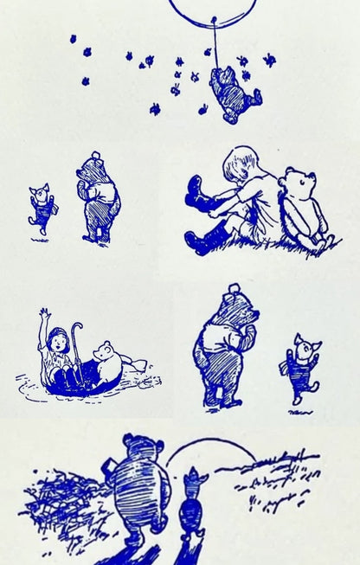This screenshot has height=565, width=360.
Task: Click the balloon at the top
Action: pos(213,9)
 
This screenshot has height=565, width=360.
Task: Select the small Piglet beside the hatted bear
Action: pos(42,208)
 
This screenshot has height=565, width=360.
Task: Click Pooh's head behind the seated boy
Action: pos(300,186)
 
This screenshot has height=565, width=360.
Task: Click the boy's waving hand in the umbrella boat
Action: pos(44,314)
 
